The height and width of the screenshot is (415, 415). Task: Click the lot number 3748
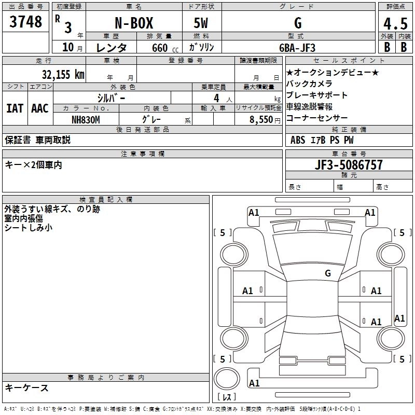[x=25, y=22]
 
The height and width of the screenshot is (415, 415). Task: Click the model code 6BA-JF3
[x=297, y=47]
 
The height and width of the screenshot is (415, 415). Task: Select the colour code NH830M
[x=86, y=119]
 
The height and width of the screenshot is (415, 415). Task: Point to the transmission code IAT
[x=15, y=108]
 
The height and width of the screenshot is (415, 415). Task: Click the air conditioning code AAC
[x=39, y=108]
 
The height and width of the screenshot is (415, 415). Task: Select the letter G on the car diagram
[x=328, y=273]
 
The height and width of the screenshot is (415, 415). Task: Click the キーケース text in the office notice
[x=26, y=388]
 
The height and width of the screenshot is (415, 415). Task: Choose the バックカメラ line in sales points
[x=309, y=84]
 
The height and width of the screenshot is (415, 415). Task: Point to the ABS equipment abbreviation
[x=298, y=140]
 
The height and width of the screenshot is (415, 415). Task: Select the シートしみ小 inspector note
[x=29, y=227]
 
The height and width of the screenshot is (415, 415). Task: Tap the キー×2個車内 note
[x=33, y=164]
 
